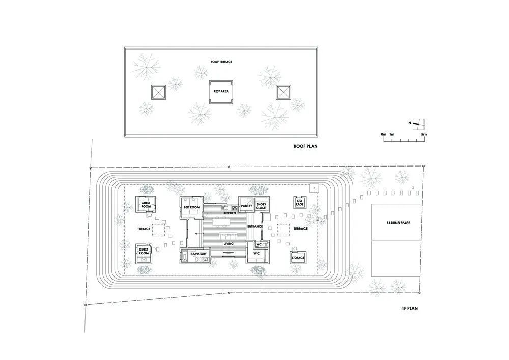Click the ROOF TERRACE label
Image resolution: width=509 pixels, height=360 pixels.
(221, 62)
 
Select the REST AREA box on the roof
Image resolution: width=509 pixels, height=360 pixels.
(221, 93)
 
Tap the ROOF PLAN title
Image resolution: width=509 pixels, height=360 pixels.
(305, 146)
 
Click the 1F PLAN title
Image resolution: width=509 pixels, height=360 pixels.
(410, 308)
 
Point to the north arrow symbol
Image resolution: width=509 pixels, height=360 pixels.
(419, 124)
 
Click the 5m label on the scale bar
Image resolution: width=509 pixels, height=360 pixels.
(424, 134)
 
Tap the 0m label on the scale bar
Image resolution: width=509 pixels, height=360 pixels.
(383, 134)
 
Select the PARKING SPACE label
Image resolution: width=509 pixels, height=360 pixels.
(398, 223)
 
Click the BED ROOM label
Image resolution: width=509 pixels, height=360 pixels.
(191, 207)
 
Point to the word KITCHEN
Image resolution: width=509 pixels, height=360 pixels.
(230, 213)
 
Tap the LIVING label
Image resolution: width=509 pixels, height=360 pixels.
(229, 244)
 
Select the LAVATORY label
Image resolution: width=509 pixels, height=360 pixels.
(199, 254)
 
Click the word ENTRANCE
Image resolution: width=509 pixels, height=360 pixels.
(255, 226)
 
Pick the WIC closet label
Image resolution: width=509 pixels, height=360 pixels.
(257, 253)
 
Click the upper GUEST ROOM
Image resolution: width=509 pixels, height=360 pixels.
(146, 205)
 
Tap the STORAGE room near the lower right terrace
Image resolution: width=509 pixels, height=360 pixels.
(298, 258)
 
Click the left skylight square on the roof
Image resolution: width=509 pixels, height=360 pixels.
(158, 92)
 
